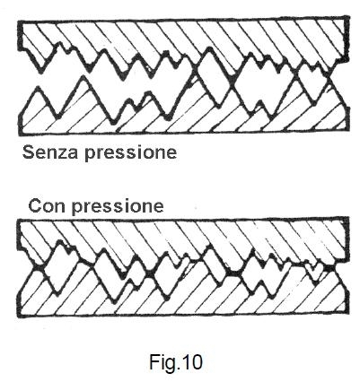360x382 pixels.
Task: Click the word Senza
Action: click(x=50, y=152)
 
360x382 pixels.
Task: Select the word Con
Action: click(x=48, y=205)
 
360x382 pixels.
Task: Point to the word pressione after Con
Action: click(x=118, y=207)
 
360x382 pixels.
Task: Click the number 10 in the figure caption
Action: click(x=192, y=362)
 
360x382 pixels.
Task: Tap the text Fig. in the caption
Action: click(x=164, y=362)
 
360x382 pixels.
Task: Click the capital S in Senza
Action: click(x=29, y=152)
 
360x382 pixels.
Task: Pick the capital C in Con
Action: click(x=35, y=205)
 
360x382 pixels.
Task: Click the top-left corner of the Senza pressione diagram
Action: click(x=19, y=22)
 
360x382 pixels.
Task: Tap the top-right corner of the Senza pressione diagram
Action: click(x=348, y=17)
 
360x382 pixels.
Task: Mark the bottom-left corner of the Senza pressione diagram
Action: click(x=20, y=134)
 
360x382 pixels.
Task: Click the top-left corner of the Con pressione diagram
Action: click(x=19, y=221)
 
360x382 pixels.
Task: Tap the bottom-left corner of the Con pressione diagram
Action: click(x=18, y=317)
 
